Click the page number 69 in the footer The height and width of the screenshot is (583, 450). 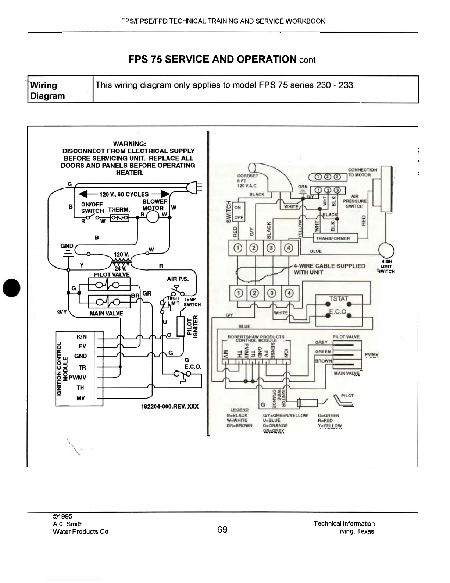pyautogui.click(x=222, y=530)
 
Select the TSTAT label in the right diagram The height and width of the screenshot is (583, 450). pyautogui.click(x=339, y=298)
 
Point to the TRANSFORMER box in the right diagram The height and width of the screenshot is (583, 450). pyautogui.click(x=335, y=238)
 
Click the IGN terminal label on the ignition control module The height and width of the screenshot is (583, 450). pyautogui.click(x=82, y=336)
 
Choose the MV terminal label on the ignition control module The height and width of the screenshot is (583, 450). pyautogui.click(x=81, y=398)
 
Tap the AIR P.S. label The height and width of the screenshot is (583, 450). pyautogui.click(x=178, y=279)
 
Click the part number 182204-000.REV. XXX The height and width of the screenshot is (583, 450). pyautogui.click(x=170, y=406)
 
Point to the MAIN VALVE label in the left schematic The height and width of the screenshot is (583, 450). pyautogui.click(x=107, y=314)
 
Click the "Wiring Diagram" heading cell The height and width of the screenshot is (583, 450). pyautogui.click(x=47, y=91)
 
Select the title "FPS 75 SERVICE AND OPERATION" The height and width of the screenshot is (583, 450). pyautogui.click(x=213, y=59)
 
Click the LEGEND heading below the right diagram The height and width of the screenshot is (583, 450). pyautogui.click(x=239, y=410)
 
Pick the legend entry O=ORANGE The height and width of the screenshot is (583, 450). pyautogui.click(x=275, y=425)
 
